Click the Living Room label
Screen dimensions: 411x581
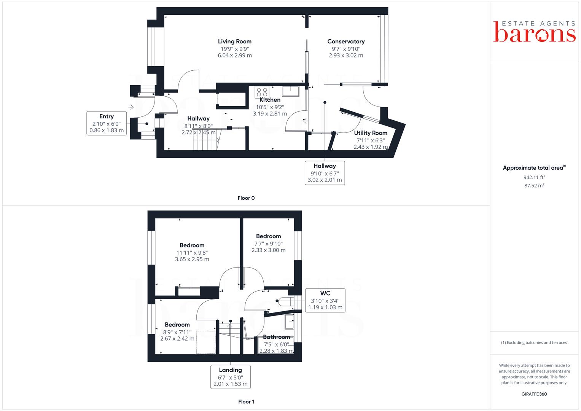pyautogui.click(x=234, y=41)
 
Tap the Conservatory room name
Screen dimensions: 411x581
pyautogui.click(x=346, y=41)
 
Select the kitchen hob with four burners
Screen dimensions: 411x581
pyautogui.click(x=262, y=92)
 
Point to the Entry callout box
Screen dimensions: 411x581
pyautogui.click(x=107, y=123)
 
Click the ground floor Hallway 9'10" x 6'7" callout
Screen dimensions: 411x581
pyautogui.click(x=325, y=173)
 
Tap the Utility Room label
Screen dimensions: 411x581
pyautogui.click(x=371, y=133)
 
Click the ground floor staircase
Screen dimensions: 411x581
pyautogui.click(x=206, y=144)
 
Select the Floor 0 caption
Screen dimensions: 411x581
pyautogui.click(x=246, y=198)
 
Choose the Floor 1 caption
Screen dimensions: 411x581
pyautogui.click(x=246, y=401)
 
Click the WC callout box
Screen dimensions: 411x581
pyautogui.click(x=325, y=300)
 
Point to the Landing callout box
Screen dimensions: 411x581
pyautogui.click(x=230, y=377)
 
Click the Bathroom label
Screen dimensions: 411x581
pyautogui.click(x=276, y=337)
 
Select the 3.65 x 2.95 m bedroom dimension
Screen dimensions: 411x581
pyautogui.click(x=192, y=259)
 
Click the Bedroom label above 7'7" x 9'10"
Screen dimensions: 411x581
pyautogui.click(x=268, y=236)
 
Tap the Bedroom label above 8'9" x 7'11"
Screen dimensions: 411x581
pyautogui.click(x=177, y=325)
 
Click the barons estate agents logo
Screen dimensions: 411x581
pyautogui.click(x=534, y=32)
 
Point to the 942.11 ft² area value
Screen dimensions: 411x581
pyautogui.click(x=534, y=177)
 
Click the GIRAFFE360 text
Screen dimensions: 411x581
pyautogui.click(x=534, y=394)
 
